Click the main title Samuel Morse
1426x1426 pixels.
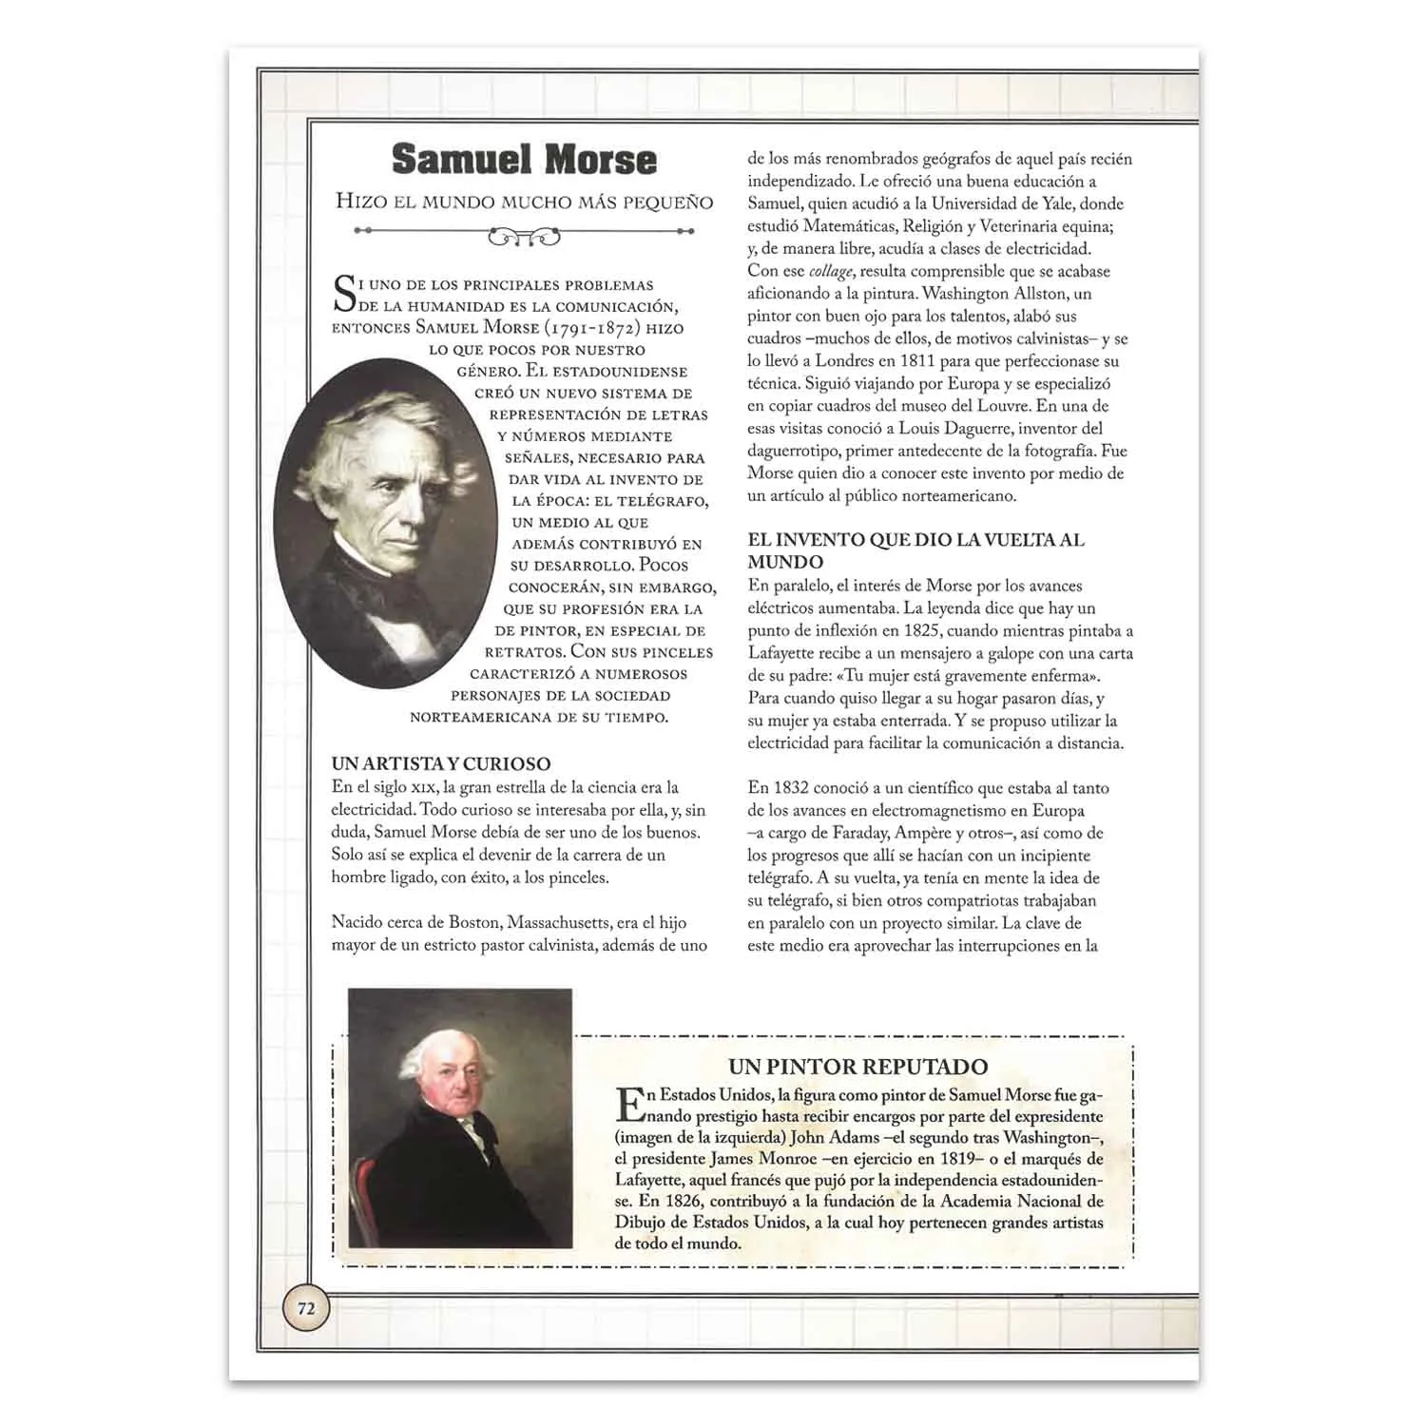point(524,160)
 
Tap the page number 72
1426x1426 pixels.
point(306,1308)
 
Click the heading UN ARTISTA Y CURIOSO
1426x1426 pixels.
point(441,763)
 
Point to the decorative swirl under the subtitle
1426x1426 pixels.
point(524,235)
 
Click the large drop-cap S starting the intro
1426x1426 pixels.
point(344,294)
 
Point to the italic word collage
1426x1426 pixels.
point(831,271)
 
